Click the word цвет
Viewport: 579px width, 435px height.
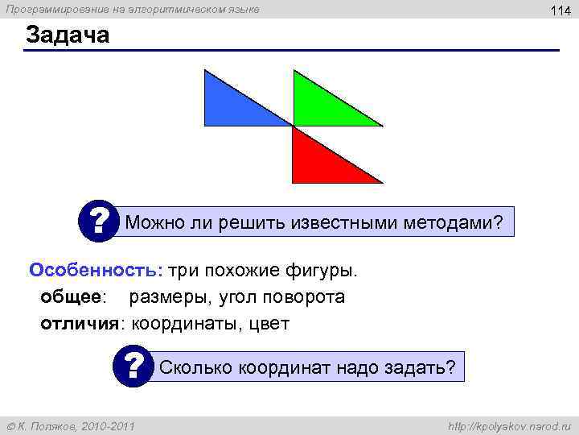click(269, 324)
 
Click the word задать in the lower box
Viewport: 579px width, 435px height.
click(422, 368)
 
